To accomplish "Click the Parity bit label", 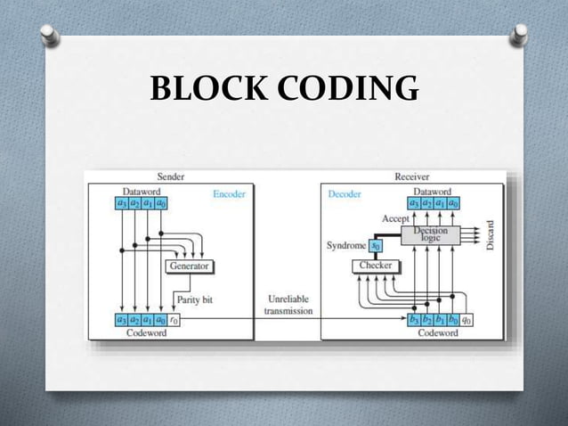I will point(196,300).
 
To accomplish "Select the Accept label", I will point(394,217).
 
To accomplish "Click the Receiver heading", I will point(411,177).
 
